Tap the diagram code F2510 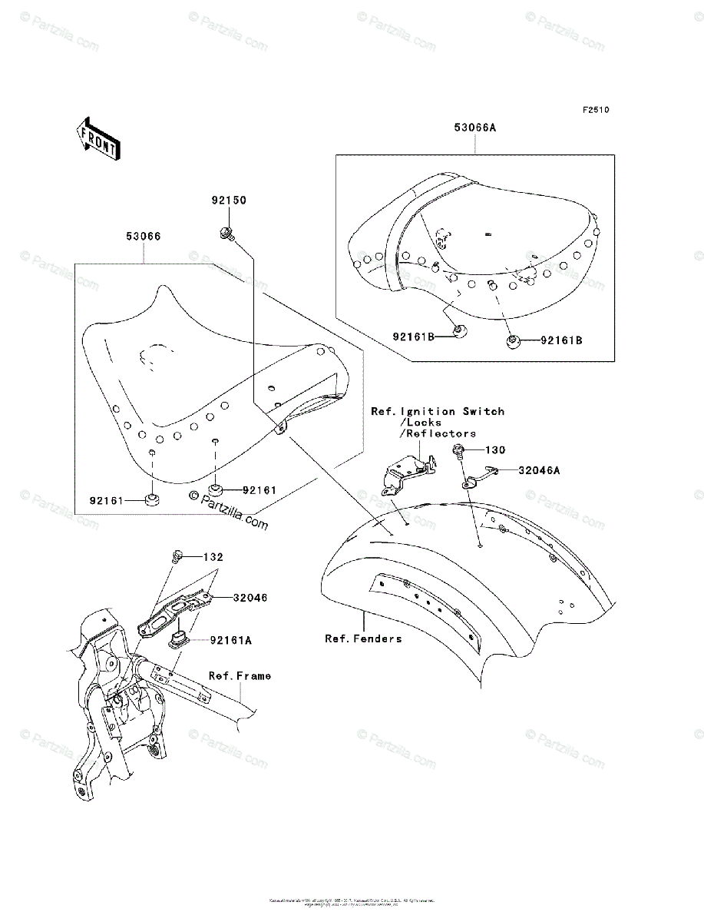click(595, 111)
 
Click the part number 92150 click(229, 201)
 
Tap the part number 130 click(498, 449)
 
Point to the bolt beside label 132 click(177, 556)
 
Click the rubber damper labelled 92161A click(177, 641)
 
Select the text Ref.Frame click(240, 676)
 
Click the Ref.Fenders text click(362, 638)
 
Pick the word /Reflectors click(438, 433)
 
